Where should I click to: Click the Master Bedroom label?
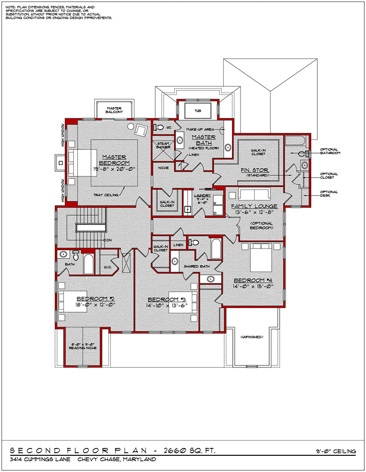(114, 160)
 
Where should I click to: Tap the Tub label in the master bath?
(197, 111)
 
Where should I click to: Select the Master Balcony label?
(114, 110)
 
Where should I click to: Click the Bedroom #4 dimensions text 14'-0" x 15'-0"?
(253, 286)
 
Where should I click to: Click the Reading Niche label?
(84, 347)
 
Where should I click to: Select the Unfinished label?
(251, 338)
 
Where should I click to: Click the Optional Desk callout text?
(329, 193)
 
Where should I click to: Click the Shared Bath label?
(196, 266)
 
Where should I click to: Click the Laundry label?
(202, 195)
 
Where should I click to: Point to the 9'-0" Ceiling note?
(336, 451)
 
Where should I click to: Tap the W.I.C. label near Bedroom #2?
(108, 267)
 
